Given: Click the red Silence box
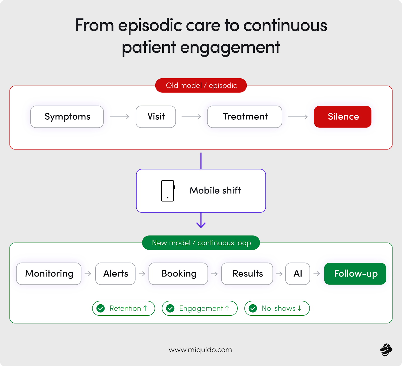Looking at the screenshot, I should (x=342, y=117).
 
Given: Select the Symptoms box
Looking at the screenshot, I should (x=67, y=117).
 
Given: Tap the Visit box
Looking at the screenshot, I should (x=156, y=117).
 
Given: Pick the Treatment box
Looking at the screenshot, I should (x=244, y=117).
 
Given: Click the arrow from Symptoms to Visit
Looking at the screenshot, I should (x=120, y=117).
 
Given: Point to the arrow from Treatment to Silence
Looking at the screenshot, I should (x=298, y=117).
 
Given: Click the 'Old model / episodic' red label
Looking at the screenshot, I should (x=201, y=86).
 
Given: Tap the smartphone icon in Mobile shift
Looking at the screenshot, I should (x=168, y=191).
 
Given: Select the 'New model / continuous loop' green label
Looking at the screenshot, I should (x=201, y=243).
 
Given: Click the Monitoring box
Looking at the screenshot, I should (x=49, y=274).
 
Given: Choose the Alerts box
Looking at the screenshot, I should (x=115, y=274).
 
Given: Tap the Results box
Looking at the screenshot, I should (x=247, y=274).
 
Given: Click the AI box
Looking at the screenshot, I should (x=297, y=274).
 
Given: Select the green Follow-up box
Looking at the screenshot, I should (x=355, y=274).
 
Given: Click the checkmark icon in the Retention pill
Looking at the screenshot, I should (x=101, y=308).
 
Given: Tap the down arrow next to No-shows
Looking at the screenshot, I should (x=299, y=308).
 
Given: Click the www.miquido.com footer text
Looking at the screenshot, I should (x=200, y=350).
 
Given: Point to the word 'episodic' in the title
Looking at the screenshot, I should (x=150, y=26).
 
